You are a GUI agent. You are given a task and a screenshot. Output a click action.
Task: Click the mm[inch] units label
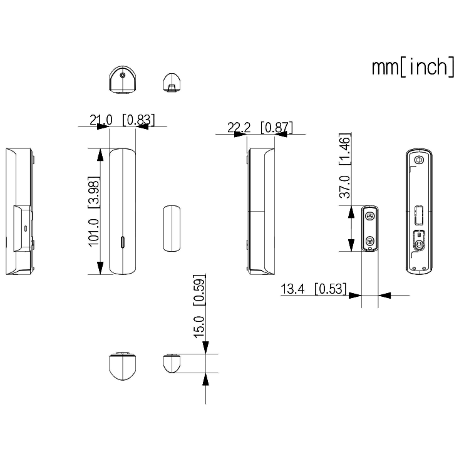413,68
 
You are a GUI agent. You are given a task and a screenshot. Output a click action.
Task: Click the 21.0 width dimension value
101,120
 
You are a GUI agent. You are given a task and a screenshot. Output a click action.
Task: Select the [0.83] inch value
139,120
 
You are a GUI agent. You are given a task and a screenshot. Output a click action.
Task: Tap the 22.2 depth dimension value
239,128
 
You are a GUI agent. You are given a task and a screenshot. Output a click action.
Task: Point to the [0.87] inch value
277,127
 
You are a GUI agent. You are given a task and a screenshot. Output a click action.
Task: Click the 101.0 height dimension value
94,233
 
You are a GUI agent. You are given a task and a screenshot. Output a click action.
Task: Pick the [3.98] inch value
94,192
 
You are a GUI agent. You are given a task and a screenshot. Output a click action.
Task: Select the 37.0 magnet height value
344,187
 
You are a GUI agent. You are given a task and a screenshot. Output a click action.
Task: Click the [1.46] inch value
344,148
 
